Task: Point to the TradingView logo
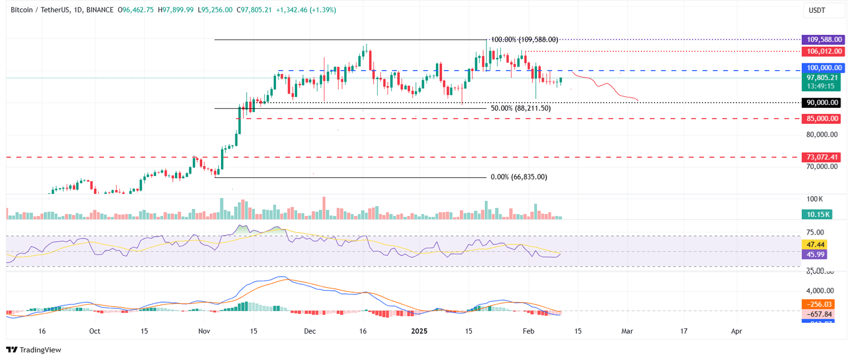click(x=33, y=349)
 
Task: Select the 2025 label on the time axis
click(x=418, y=331)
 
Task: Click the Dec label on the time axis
click(x=310, y=331)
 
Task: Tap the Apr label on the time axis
click(x=736, y=331)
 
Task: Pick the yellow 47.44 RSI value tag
click(x=814, y=244)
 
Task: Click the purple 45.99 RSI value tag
click(x=814, y=254)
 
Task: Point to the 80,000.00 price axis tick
click(x=822, y=134)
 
